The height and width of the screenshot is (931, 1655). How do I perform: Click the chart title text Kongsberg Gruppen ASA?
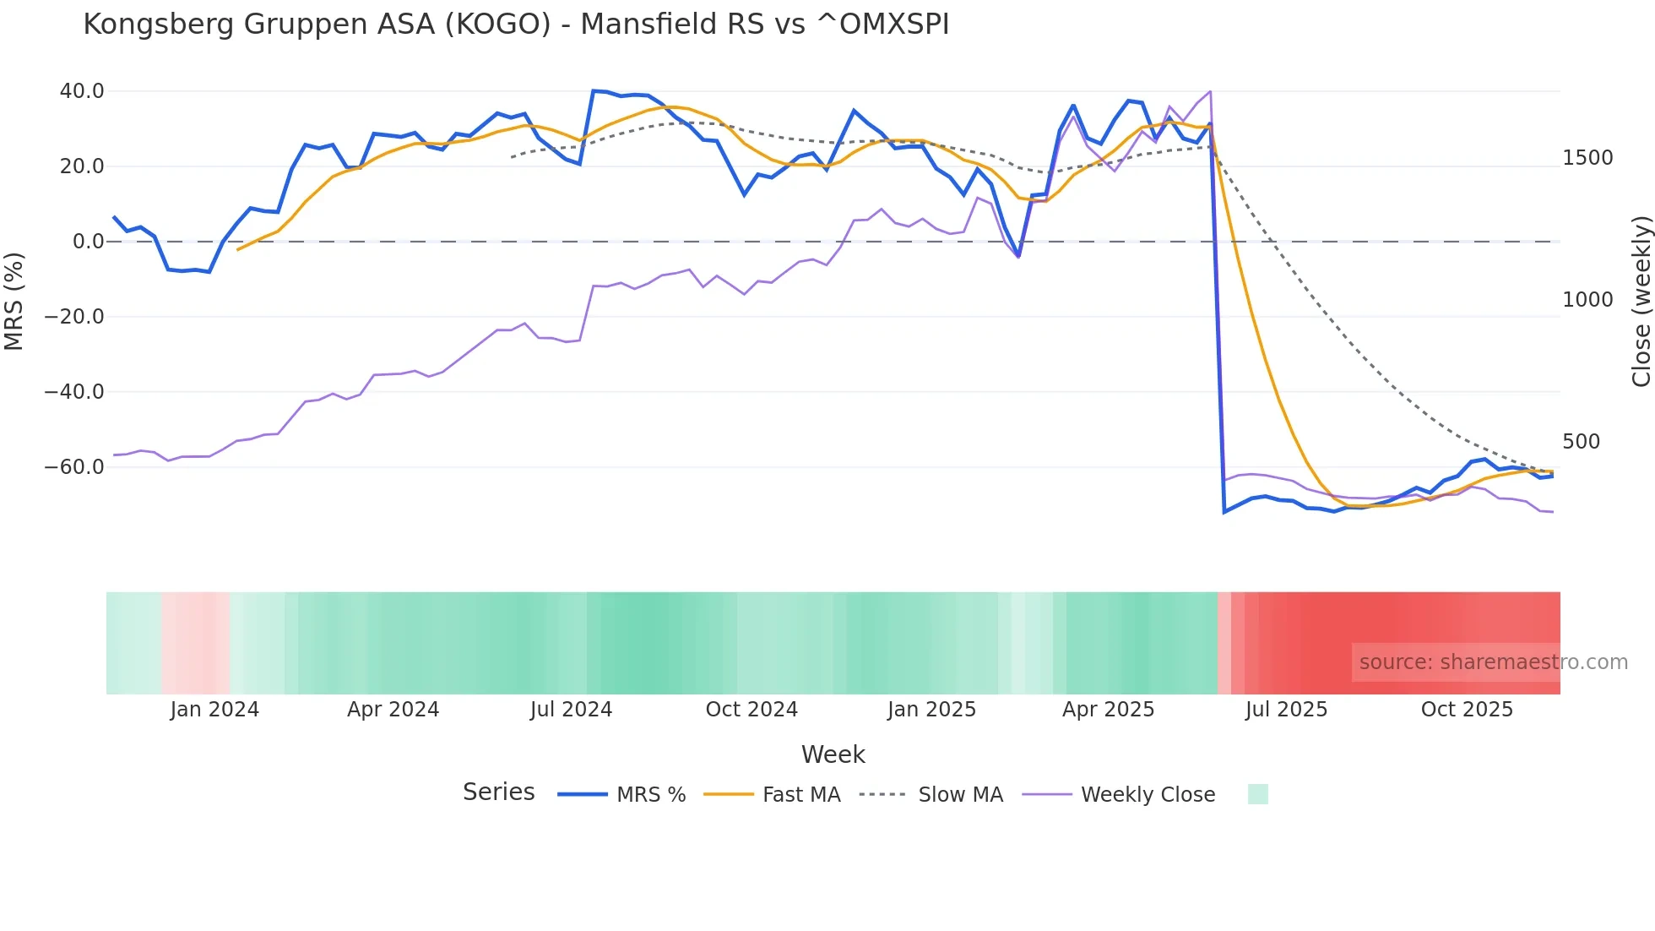(516, 24)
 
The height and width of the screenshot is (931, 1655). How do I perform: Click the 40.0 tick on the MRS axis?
(82, 91)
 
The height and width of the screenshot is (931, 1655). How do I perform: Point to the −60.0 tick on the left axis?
(74, 467)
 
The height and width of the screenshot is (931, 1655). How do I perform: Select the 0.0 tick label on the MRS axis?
(89, 242)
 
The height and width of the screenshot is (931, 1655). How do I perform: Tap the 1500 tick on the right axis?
(1587, 158)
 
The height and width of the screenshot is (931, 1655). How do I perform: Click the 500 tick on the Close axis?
(1581, 442)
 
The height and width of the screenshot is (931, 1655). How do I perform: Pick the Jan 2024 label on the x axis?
(214, 710)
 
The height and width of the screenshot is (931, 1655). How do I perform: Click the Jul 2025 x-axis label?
(1286, 710)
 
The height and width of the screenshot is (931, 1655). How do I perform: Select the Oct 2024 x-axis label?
(752, 710)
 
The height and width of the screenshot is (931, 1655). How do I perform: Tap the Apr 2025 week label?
(1108, 710)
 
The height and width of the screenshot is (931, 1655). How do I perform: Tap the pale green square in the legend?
(1257, 794)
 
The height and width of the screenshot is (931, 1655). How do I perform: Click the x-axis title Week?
(833, 754)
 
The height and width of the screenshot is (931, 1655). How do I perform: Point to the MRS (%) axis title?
(14, 301)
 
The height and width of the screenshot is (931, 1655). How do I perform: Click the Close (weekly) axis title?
(1641, 301)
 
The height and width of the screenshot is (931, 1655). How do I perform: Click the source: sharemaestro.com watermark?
(1493, 662)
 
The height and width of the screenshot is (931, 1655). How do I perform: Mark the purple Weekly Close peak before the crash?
(1210, 91)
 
